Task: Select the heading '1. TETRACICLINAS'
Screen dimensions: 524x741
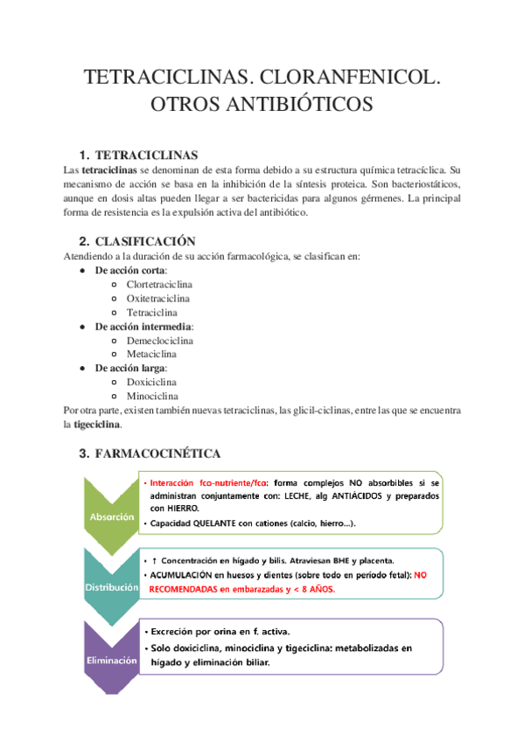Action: (138, 155)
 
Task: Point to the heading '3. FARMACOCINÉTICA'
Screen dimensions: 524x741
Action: (150, 454)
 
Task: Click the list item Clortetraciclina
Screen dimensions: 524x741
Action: (159, 284)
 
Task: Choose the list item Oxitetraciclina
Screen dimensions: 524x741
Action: (157, 298)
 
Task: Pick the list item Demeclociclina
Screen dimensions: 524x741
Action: (159, 340)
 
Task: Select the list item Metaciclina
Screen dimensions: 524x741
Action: (151, 354)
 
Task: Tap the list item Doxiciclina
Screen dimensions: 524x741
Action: (152, 382)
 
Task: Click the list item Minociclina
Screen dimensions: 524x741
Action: (152, 396)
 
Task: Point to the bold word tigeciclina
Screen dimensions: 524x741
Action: (97, 424)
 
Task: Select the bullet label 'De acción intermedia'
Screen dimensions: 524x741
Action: (143, 326)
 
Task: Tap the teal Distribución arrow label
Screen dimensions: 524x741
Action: (111, 587)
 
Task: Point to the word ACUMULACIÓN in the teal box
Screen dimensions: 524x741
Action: (190, 575)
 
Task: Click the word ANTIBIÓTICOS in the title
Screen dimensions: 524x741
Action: (262, 104)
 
